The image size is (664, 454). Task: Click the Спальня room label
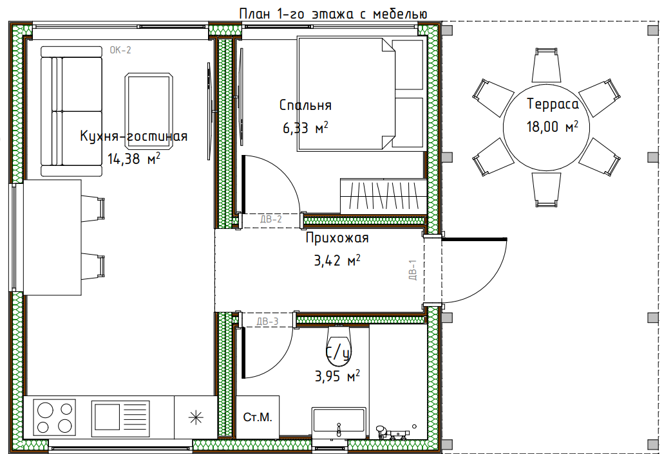[x=305, y=105]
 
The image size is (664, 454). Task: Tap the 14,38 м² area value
[x=134, y=159]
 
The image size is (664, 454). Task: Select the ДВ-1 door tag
[x=413, y=269]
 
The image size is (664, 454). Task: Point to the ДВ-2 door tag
[x=270, y=219]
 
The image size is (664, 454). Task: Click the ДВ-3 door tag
[x=268, y=322]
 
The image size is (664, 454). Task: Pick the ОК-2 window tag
[x=120, y=50]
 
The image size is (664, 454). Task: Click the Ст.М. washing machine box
[x=258, y=417]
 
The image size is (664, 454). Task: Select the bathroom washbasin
[x=339, y=421]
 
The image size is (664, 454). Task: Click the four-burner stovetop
[x=55, y=417]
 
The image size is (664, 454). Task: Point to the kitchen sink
[x=120, y=417]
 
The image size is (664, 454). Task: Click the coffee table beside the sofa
[x=149, y=111]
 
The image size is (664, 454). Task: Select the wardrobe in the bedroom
[x=383, y=196]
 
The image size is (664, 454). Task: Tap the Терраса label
[x=553, y=104]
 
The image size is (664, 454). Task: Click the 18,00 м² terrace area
[x=552, y=127]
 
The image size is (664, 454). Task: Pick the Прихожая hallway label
[x=337, y=238]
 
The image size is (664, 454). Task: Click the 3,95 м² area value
[x=337, y=376]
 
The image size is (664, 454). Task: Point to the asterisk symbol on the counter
[x=196, y=417]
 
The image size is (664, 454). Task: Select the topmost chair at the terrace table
[x=546, y=65]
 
